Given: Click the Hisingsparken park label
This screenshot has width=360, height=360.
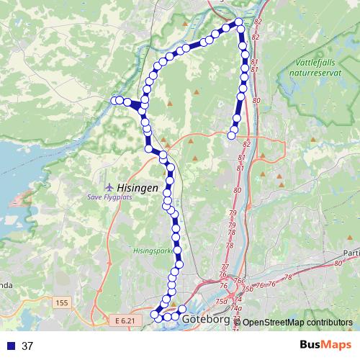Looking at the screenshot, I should pos(153,252).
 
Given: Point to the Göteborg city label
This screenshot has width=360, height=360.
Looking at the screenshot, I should pos(205,319).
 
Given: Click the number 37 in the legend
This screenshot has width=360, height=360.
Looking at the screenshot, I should pos(27,346).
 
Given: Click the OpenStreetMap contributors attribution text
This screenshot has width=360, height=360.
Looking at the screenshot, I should pos(296,323).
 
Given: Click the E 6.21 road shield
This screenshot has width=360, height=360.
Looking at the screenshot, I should pos(125,319).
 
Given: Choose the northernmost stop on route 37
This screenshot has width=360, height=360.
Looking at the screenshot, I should pos(239,22).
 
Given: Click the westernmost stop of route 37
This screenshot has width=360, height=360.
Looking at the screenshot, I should pos(114,101).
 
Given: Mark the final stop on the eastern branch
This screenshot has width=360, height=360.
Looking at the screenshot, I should pos(232,134).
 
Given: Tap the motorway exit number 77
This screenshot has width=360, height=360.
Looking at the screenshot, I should pos(224,266).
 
